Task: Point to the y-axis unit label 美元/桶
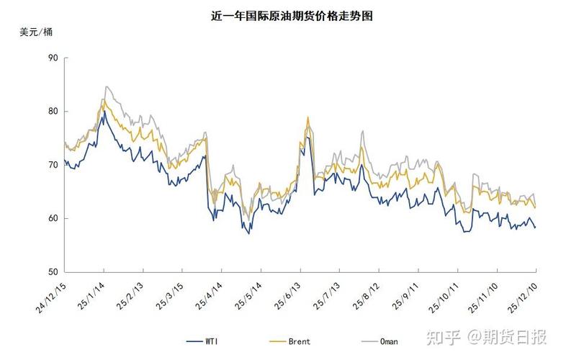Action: (x=35, y=32)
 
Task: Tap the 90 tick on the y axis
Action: (x=53, y=58)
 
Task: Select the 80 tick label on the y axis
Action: (x=53, y=112)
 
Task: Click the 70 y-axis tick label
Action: (x=53, y=165)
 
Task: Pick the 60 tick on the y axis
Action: (x=53, y=218)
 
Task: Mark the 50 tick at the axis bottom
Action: (x=53, y=272)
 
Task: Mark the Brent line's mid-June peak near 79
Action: (x=308, y=117)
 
